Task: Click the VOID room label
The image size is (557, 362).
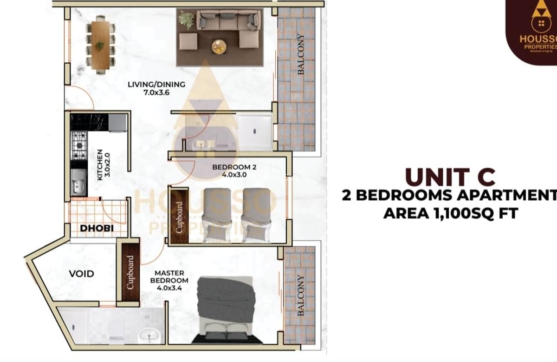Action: point(81,274)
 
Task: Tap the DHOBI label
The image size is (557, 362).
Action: point(97,228)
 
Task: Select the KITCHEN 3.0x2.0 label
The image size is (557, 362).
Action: point(102,165)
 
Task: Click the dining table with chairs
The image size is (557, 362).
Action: point(100,45)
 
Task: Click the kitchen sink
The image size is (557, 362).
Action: point(79,182)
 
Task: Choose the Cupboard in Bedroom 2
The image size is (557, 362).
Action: point(179,216)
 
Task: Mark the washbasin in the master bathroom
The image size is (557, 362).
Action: point(149,335)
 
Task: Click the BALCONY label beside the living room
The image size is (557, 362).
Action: point(301,54)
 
